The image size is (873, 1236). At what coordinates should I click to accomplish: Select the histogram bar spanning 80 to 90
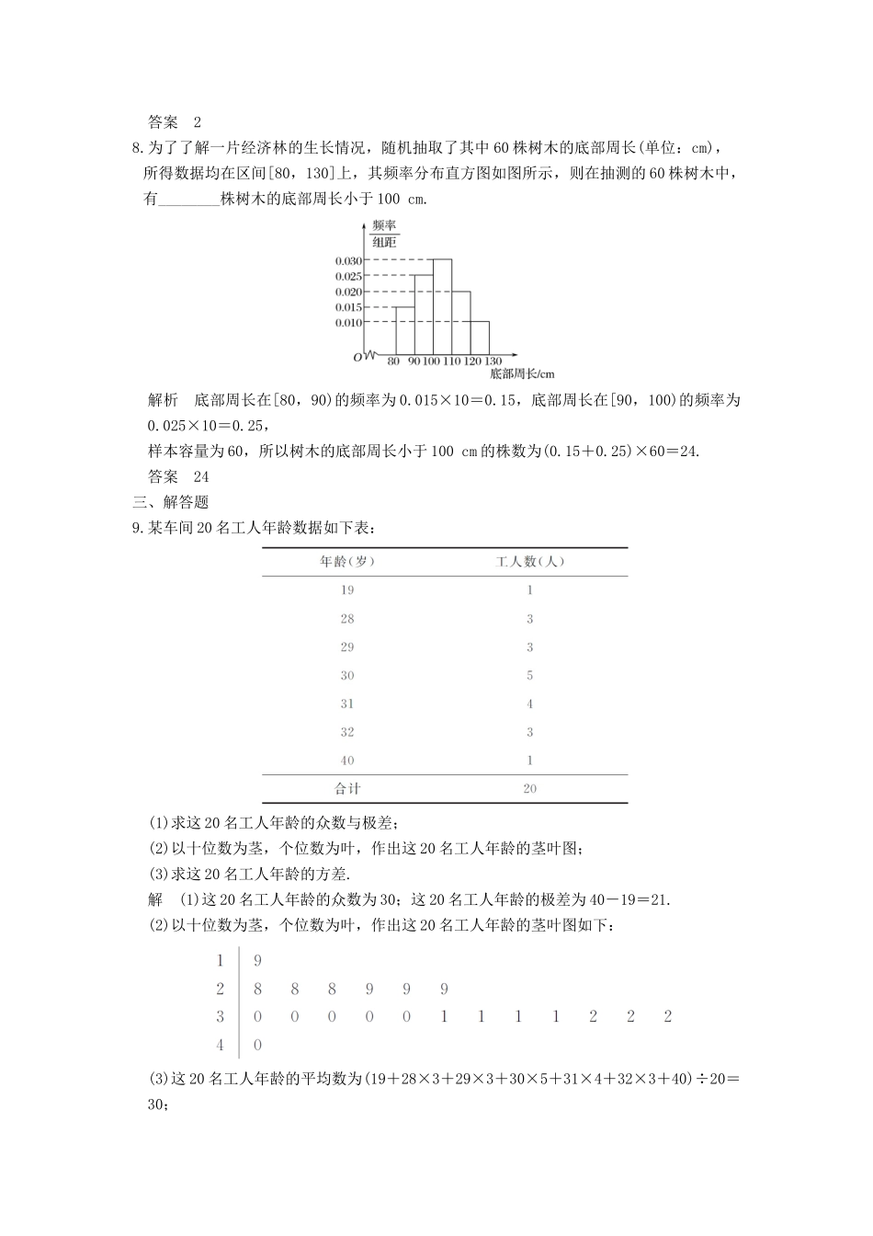coord(403,330)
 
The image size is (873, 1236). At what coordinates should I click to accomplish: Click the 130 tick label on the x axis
coord(493,361)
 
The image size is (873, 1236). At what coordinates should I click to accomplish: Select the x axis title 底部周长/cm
coord(522,374)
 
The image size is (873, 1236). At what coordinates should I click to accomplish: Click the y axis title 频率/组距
coord(384,234)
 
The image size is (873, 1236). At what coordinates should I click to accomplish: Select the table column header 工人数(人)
coord(529,562)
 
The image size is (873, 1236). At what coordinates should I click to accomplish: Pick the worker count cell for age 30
coord(529,676)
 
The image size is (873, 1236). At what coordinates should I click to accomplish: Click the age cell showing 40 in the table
coord(346,761)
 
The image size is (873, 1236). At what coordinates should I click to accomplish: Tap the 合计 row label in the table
coord(346,789)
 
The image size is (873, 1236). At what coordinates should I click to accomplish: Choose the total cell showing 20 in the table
coord(529,789)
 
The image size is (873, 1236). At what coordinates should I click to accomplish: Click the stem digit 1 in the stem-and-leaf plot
coord(220,961)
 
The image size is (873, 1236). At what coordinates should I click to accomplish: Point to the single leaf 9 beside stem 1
coord(257,961)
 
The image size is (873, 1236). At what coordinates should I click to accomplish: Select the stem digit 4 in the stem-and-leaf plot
coord(220,1045)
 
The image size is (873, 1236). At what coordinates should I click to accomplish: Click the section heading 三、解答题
coord(171,502)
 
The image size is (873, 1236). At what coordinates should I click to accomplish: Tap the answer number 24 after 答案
coord(201,476)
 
